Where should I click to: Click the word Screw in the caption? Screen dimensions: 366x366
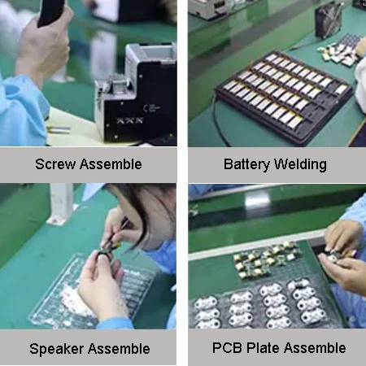[x=55, y=164]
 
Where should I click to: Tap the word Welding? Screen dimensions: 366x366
[x=300, y=165]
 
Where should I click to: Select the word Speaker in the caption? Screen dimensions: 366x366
[x=56, y=349]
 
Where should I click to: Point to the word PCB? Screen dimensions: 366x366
[x=227, y=348]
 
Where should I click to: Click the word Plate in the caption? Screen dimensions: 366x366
[x=264, y=348]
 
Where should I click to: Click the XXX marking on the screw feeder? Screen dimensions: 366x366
[x=129, y=120]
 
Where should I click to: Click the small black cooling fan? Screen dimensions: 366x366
[x=329, y=20]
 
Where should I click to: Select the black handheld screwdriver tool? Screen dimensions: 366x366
[x=51, y=12]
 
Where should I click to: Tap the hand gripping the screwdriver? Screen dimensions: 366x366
[x=42, y=46]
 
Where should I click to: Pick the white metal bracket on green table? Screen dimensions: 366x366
[x=62, y=204]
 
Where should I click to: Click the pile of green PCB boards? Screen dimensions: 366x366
[x=266, y=259]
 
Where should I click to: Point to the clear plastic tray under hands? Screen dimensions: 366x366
[x=92, y=291]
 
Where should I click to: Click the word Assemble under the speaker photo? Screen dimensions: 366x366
[x=119, y=349]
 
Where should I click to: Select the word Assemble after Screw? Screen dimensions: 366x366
[x=111, y=164]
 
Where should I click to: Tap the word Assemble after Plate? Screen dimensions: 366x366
[x=315, y=348]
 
